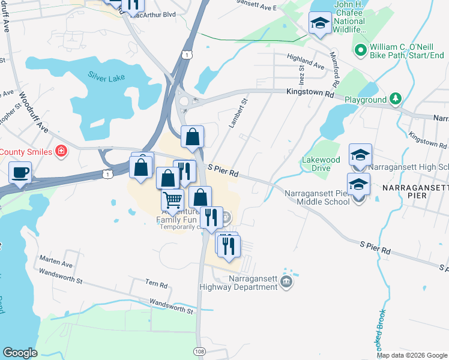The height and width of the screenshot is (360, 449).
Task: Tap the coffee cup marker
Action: pyautogui.click(x=20, y=172)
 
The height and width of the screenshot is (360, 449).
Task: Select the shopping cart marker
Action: pyautogui.click(x=172, y=200)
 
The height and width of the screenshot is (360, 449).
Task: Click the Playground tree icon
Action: pyautogui.click(x=396, y=98)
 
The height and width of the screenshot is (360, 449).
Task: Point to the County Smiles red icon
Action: pyautogui.click(x=61, y=151)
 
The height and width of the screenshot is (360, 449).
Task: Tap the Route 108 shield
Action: pyautogui.click(x=200, y=350)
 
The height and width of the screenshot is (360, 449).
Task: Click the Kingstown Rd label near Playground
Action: pyautogui.click(x=312, y=94)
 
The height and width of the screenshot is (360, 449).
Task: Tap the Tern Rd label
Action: pyautogui.click(x=155, y=282)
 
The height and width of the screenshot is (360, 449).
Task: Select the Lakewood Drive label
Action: pyautogui.click(x=321, y=164)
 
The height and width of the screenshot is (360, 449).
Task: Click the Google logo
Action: pyautogui.click(x=20, y=353)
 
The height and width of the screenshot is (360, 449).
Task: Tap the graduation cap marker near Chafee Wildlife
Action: pyautogui.click(x=320, y=23)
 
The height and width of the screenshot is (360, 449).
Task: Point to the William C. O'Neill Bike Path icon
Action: pyautogui.click(x=361, y=50)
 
